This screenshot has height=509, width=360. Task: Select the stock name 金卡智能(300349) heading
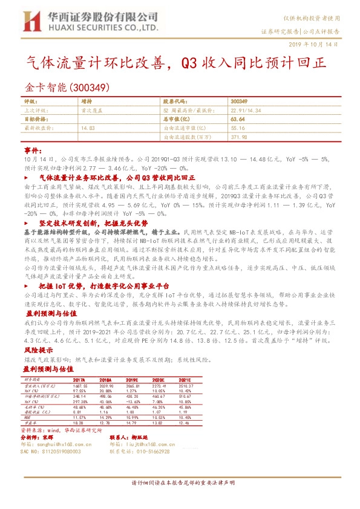(67, 86)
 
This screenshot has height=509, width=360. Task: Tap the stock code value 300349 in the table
(239, 102)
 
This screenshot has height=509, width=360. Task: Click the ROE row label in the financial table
(27, 417)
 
